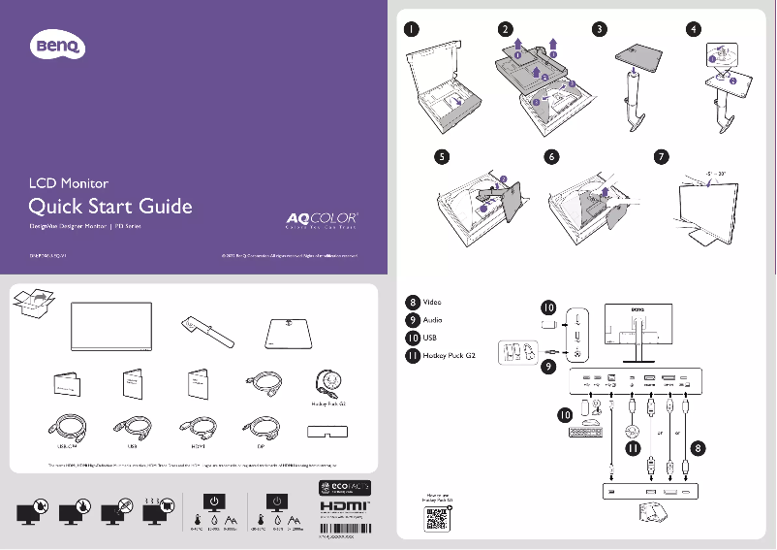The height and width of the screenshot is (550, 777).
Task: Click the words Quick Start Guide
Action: tap(109, 207)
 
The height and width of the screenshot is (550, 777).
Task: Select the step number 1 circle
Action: tap(413, 29)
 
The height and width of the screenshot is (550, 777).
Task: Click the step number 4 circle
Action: tap(691, 29)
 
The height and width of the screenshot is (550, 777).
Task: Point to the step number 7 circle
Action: tap(662, 155)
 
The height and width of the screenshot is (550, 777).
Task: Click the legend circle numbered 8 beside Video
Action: tap(413, 302)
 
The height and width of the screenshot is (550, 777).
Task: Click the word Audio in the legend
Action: tap(435, 319)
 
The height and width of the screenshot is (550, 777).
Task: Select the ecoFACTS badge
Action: tap(344, 485)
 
